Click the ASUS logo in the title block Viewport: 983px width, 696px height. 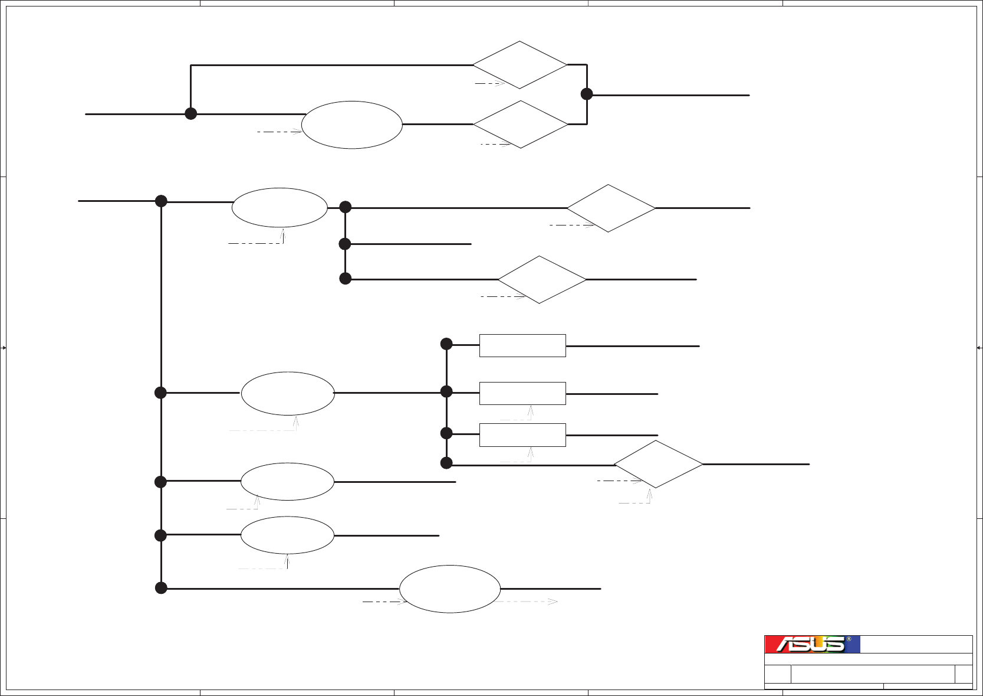(x=811, y=644)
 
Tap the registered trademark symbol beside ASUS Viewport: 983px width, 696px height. (x=849, y=639)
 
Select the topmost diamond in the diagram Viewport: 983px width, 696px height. (x=520, y=65)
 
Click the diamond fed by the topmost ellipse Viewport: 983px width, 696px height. (x=521, y=125)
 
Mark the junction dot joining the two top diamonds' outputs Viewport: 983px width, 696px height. (x=587, y=94)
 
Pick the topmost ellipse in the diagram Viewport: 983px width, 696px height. (x=352, y=125)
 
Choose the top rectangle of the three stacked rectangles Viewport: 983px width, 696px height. (x=522, y=345)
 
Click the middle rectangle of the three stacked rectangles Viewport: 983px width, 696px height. (x=522, y=393)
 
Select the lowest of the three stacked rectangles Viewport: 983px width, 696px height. (x=522, y=434)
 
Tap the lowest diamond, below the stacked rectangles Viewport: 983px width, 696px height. (x=658, y=464)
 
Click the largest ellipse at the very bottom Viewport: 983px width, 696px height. (x=450, y=589)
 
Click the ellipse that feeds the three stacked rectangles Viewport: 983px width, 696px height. (x=288, y=393)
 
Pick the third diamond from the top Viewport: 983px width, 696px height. (x=611, y=208)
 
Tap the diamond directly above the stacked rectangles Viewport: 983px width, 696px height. (x=542, y=280)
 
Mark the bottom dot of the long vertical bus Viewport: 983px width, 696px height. (x=161, y=588)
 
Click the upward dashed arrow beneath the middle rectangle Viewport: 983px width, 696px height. (x=531, y=413)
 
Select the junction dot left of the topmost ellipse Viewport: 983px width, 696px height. (x=190, y=113)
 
